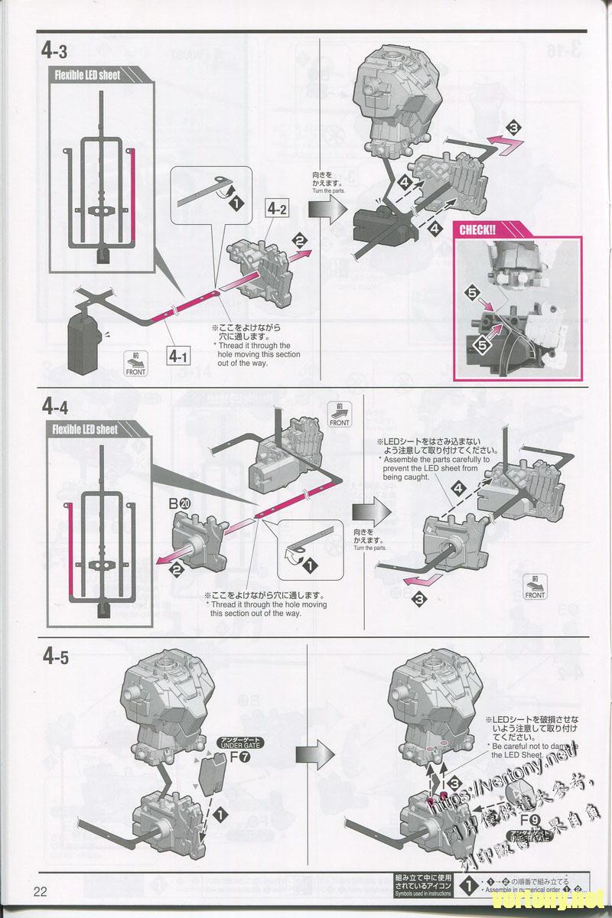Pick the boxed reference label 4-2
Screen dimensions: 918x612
point(277,207)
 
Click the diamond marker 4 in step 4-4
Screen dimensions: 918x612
point(458,487)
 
